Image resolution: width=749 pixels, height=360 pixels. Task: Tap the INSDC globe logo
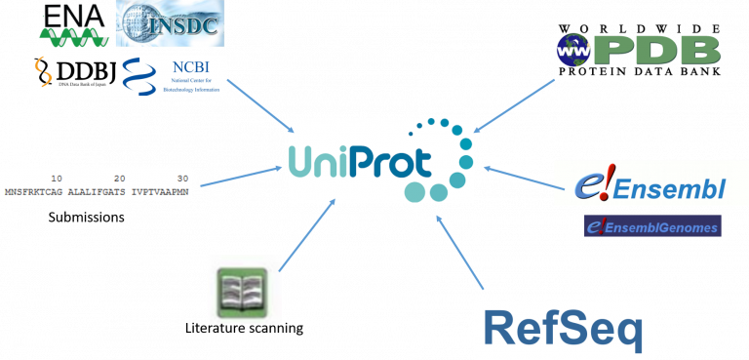tap(171, 23)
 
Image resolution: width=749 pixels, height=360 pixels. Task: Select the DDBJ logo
tap(73, 73)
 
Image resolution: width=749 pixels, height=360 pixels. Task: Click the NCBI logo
tap(172, 76)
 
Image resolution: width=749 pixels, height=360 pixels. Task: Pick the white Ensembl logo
tap(650, 183)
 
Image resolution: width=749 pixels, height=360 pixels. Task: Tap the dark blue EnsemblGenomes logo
tap(652, 226)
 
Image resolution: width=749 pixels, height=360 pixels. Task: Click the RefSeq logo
tap(563, 329)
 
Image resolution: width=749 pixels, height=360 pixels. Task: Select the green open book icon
tap(245, 288)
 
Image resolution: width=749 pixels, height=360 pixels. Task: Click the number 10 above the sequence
tap(57, 179)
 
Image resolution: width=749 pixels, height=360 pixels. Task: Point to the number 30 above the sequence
tap(182, 179)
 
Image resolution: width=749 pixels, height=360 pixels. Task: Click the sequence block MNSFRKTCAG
tap(33, 191)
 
